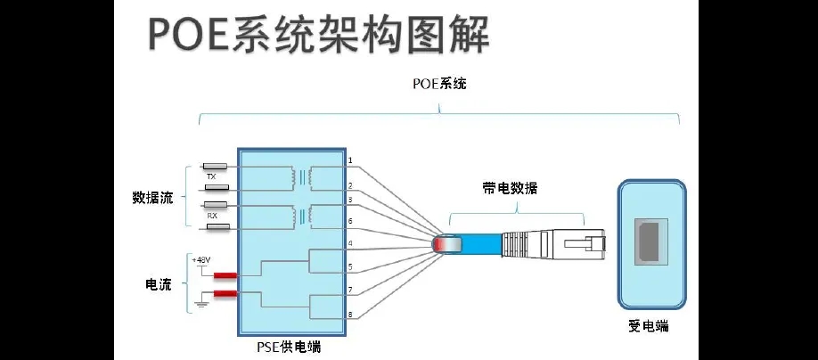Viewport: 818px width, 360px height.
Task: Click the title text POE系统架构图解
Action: pos(317,37)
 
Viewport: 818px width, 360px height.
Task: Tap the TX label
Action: pos(211,176)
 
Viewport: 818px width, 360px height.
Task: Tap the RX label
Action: pos(212,216)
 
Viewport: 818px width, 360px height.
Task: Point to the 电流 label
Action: pos(158,284)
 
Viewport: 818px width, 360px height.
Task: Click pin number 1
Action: pos(350,161)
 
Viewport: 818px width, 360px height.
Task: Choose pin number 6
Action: pos(350,221)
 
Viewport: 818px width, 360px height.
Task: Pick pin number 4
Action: pos(350,243)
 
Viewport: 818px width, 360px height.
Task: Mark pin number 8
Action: pos(350,315)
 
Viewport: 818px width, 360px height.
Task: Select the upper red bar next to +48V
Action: pos(225,275)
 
